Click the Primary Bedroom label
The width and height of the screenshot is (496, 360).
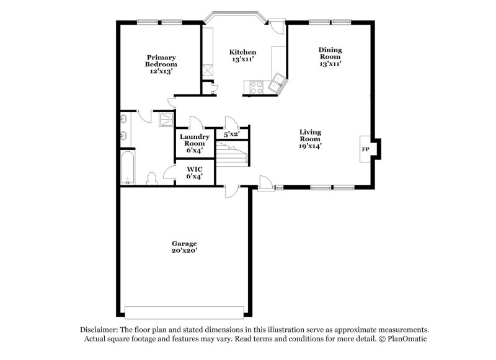[161, 64]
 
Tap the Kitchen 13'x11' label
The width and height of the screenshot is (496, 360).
[242, 55]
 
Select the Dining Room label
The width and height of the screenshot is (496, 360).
[330, 56]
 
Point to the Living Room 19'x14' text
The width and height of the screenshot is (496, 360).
[310, 139]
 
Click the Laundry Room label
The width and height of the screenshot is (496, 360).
[194, 143]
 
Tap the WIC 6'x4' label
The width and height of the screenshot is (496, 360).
[194, 172]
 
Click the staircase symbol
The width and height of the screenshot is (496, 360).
[232, 152]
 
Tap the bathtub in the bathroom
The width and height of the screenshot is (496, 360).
[128, 168]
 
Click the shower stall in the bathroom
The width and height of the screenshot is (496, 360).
[166, 119]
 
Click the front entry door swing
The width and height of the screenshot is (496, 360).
[265, 182]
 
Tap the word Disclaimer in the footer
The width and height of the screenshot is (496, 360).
[99, 330]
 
